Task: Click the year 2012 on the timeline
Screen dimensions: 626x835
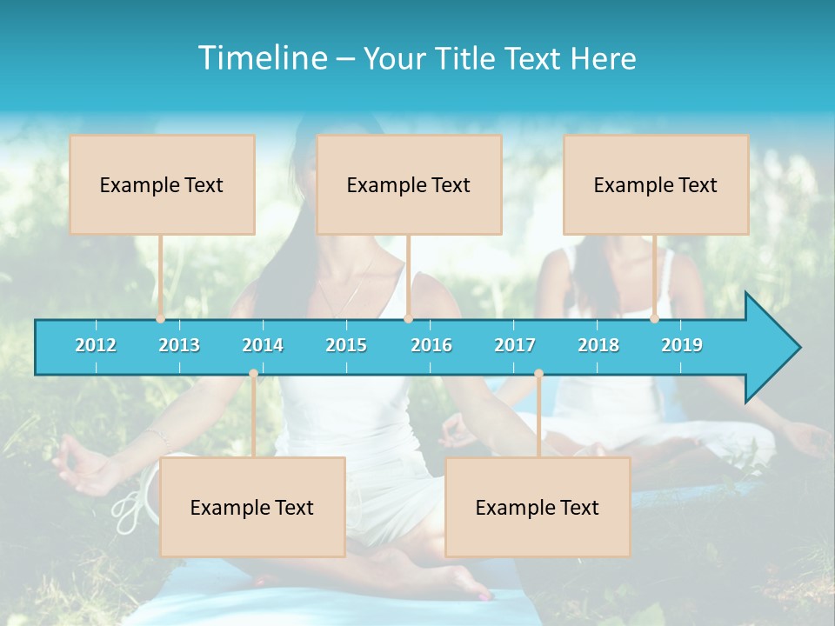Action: tap(96, 345)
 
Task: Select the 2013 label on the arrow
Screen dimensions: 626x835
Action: tap(179, 345)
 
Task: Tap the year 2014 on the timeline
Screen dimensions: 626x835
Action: tap(263, 345)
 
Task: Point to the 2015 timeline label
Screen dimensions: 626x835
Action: tap(346, 345)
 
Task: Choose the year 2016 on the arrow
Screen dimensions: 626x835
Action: tap(431, 345)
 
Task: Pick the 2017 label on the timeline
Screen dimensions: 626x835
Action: tap(515, 345)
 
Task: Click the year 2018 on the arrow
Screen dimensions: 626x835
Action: tap(598, 345)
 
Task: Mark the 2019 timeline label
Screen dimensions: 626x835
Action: tap(682, 345)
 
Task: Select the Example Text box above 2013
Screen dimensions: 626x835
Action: tap(162, 184)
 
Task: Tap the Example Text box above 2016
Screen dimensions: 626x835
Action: tap(409, 184)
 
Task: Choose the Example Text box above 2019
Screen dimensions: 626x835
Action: tap(656, 184)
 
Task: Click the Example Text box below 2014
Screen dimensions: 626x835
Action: tap(252, 507)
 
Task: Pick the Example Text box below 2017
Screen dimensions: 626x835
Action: tap(538, 507)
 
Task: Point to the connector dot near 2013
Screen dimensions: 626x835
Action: tap(161, 319)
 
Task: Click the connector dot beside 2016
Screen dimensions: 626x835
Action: tap(408, 319)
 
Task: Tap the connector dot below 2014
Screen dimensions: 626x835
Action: tap(253, 374)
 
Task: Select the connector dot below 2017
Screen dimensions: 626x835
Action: tap(538, 374)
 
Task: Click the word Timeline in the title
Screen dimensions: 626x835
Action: tap(261, 58)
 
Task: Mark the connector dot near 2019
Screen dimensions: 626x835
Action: tap(655, 319)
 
